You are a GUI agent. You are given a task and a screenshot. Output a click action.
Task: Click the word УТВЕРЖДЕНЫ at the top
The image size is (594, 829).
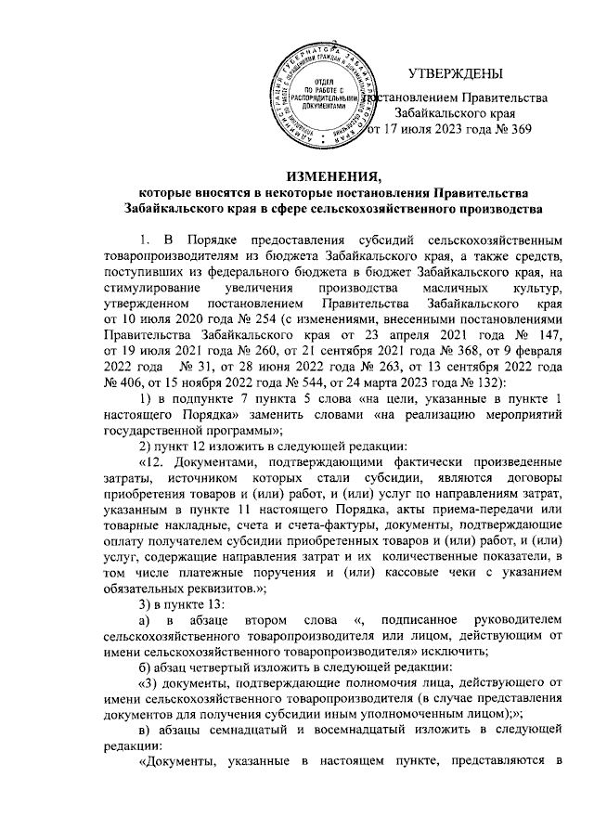click(x=456, y=72)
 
